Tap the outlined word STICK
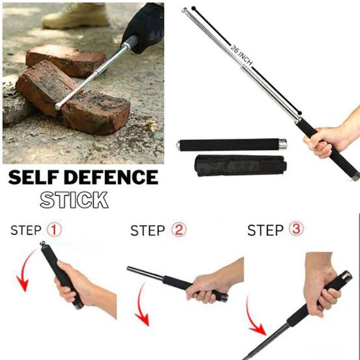tap(74, 199)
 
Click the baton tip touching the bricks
tap(58, 107)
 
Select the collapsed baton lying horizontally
tap(232, 145)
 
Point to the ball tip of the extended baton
tap(185, 11)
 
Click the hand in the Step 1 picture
tap(78, 282)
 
